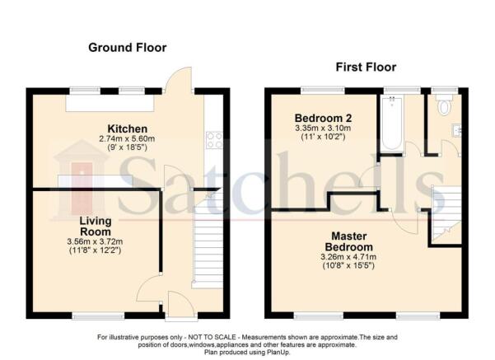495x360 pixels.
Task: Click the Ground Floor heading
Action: click(127, 48)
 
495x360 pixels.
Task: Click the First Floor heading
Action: click(366, 67)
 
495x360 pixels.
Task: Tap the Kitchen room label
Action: click(127, 129)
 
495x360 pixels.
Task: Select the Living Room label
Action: click(96, 226)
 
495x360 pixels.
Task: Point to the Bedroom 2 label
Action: click(323, 118)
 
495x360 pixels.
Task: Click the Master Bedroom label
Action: click(349, 241)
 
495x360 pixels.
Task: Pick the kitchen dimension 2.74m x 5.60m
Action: click(127, 138)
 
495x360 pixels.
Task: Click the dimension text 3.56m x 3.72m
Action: click(95, 241)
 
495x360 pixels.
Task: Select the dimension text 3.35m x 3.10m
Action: click(323, 129)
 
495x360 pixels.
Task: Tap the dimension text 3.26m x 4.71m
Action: click(348, 257)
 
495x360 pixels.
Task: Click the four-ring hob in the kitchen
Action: click(214, 140)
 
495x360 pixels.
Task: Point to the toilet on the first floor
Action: click(444, 105)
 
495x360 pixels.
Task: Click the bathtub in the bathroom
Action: click(392, 124)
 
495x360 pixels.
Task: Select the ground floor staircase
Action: click(208, 240)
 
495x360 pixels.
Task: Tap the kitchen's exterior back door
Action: click(179, 80)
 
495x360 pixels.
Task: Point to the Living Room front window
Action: click(98, 316)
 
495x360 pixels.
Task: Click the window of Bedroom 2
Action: click(323, 91)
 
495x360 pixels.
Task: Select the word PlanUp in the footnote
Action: click(279, 353)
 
